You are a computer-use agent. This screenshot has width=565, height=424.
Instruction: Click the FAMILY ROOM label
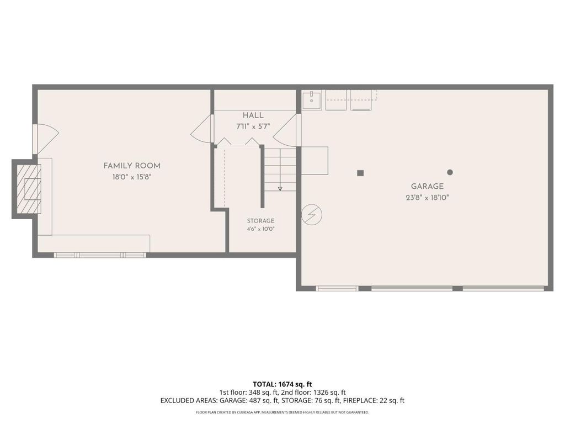132,166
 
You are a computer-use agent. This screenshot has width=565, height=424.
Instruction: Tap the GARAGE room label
428,187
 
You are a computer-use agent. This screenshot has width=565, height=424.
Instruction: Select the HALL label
253,115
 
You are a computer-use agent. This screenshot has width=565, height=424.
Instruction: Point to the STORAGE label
260,221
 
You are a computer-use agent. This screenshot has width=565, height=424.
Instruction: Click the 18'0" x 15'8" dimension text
132,177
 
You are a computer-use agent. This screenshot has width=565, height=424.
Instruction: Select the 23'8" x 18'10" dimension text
428,198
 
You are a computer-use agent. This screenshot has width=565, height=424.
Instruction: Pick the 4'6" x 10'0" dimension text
260,229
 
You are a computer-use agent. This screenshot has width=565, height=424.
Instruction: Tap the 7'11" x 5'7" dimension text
253,126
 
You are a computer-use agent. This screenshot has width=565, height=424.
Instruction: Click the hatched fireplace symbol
29,189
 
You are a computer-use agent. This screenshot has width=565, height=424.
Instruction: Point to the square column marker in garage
360,173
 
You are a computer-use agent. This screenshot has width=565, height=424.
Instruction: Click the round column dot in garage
450,172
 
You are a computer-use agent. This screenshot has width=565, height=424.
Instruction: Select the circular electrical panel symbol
312,215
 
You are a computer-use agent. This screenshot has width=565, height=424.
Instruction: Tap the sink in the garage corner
312,100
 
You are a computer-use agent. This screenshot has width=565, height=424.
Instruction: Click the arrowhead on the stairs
280,189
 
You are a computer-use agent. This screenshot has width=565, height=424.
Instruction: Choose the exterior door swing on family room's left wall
46,139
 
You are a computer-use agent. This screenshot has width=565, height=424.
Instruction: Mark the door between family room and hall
202,129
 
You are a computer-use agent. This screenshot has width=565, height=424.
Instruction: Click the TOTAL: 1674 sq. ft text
282,384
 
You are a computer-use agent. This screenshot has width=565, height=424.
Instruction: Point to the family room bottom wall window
100,255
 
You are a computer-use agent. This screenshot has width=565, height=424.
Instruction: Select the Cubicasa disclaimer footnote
282,412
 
